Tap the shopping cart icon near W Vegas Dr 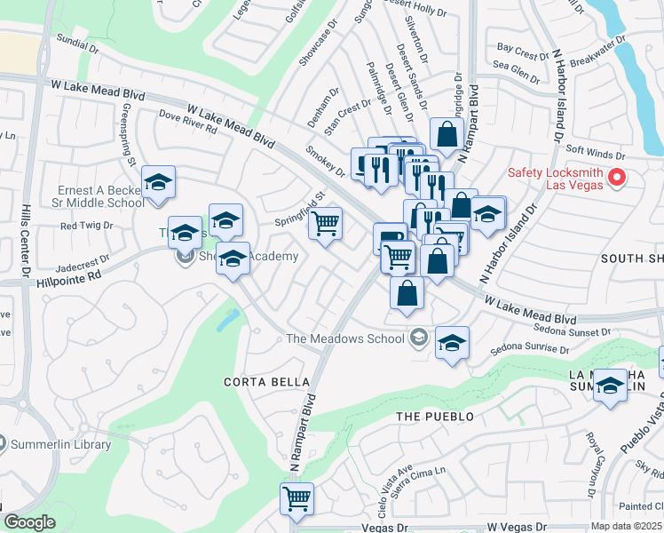(x=296, y=497)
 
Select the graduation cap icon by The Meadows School (x=452, y=344)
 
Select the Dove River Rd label (x=187, y=122)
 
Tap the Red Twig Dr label (x=86, y=226)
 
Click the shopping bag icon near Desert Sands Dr (x=447, y=135)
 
